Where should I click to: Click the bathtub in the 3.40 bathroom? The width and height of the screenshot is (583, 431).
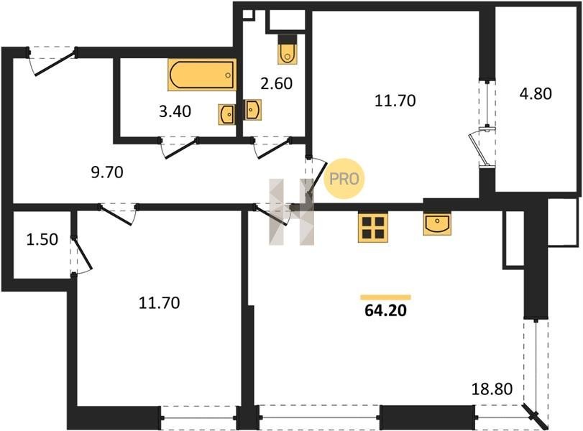[x=202, y=75]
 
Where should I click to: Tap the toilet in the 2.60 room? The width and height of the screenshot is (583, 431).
[x=288, y=50]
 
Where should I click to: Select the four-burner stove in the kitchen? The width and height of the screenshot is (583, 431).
[x=373, y=228]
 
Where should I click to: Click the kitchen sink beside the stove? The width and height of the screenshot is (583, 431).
[x=437, y=224]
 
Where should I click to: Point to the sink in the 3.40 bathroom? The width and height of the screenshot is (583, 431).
[x=226, y=114]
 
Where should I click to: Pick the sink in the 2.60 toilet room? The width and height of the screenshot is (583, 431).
[x=253, y=110]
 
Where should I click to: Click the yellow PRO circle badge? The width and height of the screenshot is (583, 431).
[x=344, y=179]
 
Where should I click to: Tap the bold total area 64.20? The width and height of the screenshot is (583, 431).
[x=385, y=310]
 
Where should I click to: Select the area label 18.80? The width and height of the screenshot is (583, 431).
[x=492, y=389]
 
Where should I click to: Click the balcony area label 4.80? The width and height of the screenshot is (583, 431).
[x=536, y=93]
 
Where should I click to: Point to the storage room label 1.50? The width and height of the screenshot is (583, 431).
[x=42, y=239]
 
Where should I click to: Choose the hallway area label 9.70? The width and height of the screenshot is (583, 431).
[x=107, y=172]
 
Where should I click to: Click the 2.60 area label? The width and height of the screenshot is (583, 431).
[x=276, y=83]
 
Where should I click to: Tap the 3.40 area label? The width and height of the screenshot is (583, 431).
[x=175, y=111]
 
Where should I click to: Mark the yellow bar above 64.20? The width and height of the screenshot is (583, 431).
[x=385, y=297]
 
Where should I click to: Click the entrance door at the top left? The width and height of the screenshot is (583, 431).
[x=52, y=61]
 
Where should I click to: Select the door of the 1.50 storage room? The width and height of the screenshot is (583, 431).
[x=81, y=256]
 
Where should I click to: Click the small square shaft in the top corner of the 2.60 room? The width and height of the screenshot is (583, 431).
[x=247, y=14]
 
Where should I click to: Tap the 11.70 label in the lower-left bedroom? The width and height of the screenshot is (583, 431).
[x=159, y=303]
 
